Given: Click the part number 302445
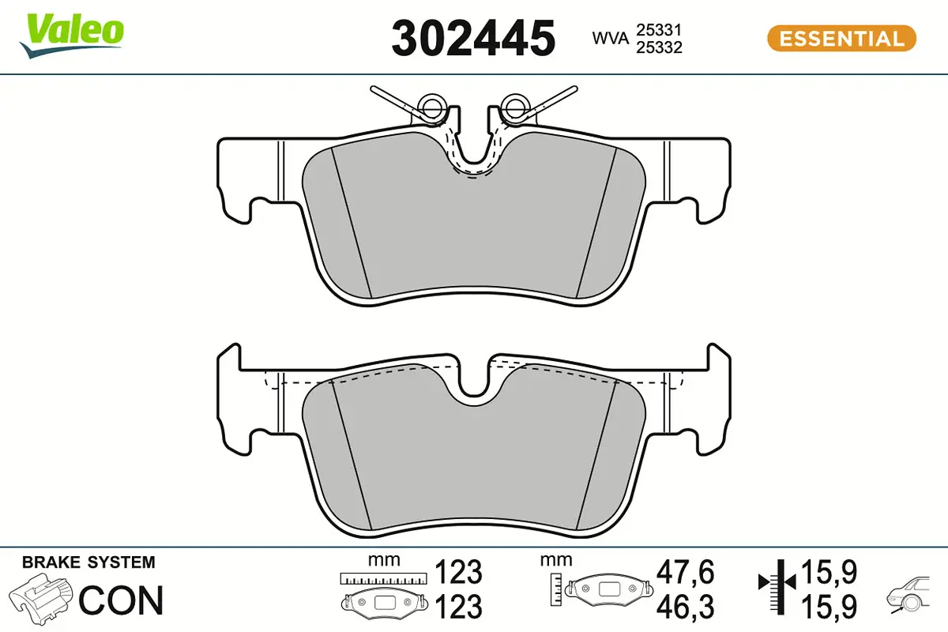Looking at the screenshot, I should [x=473, y=38].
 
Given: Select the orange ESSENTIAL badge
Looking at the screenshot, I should [x=841, y=38].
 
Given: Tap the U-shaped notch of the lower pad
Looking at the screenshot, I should [x=473, y=383].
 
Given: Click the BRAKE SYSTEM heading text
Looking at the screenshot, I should [x=88, y=562].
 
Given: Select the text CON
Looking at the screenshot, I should [x=122, y=600].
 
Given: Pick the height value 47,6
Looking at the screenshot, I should [x=685, y=571].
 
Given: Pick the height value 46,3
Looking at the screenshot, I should [x=685, y=606].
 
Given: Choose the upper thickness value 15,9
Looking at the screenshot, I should [x=829, y=571].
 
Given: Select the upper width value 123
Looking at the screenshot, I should [x=459, y=571].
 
